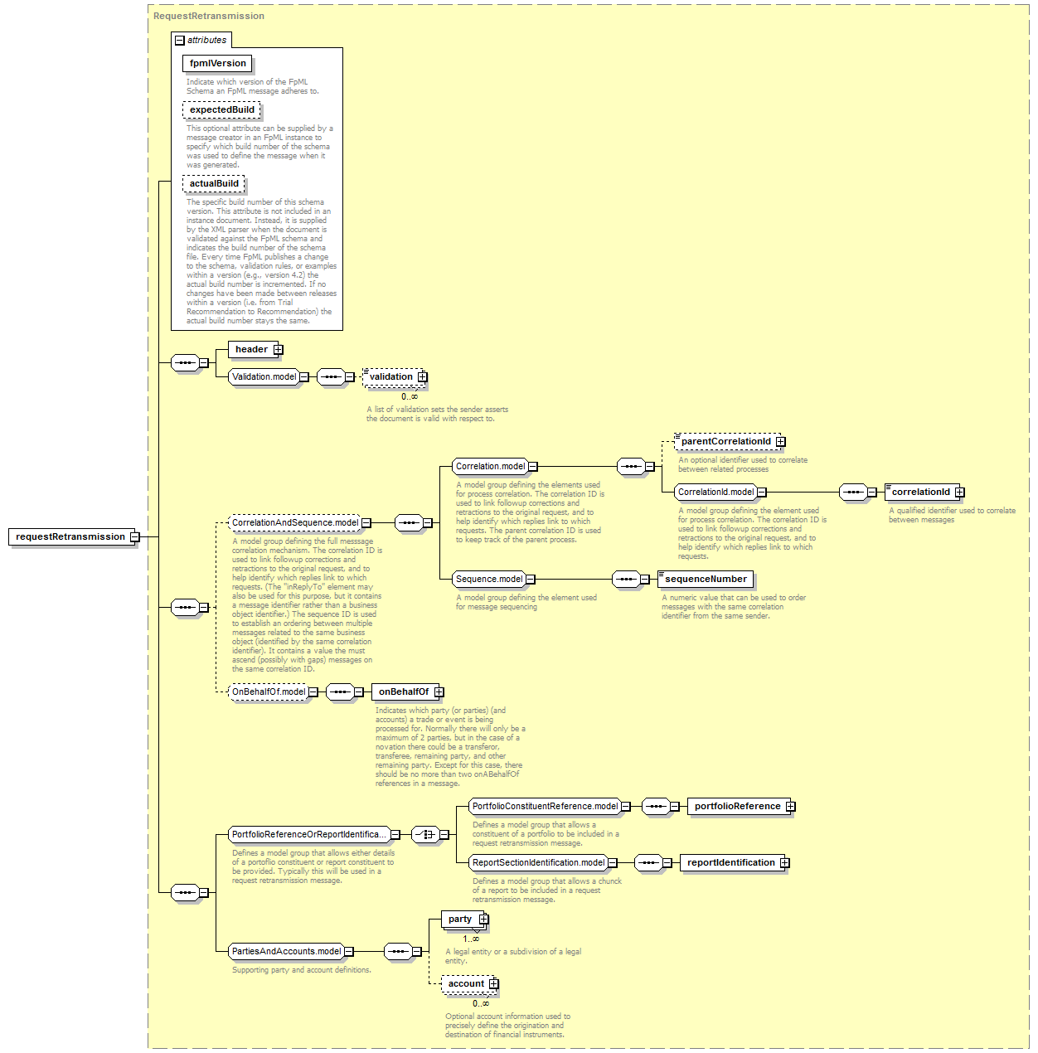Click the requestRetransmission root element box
(71, 536)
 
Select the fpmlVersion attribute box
(217, 63)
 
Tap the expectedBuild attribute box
(221, 109)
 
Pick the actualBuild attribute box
(214, 183)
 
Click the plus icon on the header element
(279, 350)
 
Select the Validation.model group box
(264, 377)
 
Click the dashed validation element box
(394, 377)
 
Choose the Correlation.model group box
(490, 467)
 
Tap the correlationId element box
(922, 493)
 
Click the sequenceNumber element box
(705, 580)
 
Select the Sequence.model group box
(489, 580)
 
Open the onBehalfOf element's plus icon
(439, 692)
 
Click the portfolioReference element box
(739, 807)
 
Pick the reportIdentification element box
(732, 863)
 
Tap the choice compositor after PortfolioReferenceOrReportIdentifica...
(425, 834)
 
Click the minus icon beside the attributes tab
(180, 41)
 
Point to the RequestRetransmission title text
(209, 17)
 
